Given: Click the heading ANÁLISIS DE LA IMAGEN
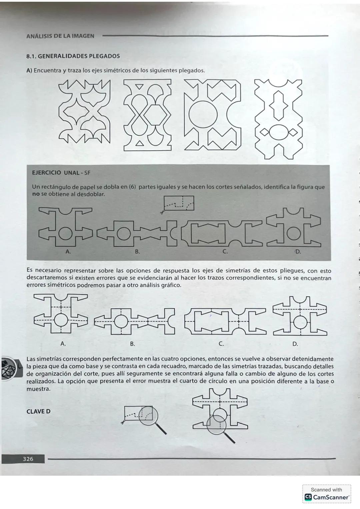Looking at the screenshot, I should click(60, 36).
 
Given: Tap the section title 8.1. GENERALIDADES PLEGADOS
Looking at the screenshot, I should click(73, 56).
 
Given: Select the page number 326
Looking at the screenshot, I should click(28, 459).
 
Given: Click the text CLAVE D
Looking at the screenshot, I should click(38, 411).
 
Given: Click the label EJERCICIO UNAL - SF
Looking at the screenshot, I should click(61, 173).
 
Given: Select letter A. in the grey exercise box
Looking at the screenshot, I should click(68, 252).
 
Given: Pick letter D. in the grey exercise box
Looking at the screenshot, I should click(298, 252).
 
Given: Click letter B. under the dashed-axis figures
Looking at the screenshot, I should click(132, 343).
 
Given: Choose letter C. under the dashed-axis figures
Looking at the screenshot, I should click(221, 343).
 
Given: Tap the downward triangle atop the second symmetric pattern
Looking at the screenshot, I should click(140, 87).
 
